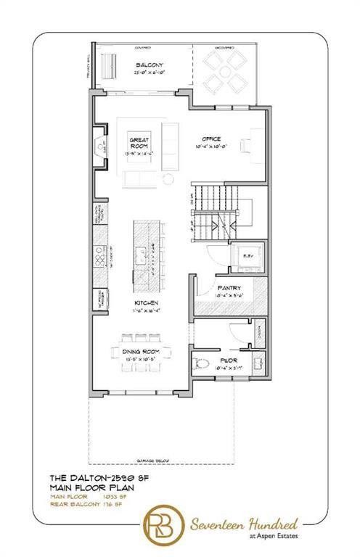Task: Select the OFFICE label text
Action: tap(212, 140)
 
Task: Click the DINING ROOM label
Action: tap(147, 351)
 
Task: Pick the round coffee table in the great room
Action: tap(168, 178)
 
